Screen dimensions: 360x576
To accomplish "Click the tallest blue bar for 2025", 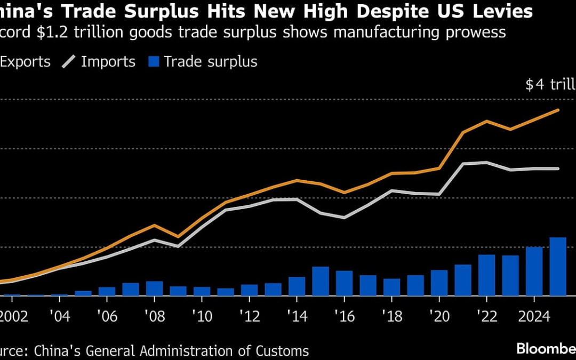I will [x=558, y=266].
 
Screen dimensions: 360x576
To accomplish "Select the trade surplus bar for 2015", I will [x=320, y=281].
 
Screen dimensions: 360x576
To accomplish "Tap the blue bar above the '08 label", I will [x=154, y=288].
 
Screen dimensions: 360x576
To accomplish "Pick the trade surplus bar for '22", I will [x=486, y=275].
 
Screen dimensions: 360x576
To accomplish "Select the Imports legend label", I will [x=108, y=61].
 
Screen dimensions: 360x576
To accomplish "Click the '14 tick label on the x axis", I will [x=297, y=316].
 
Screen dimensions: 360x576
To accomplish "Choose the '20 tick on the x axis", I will [x=439, y=316].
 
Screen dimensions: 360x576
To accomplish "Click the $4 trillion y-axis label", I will [x=549, y=84].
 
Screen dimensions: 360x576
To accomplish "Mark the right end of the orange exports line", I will [x=558, y=110].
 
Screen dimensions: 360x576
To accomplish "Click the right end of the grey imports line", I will [x=558, y=169].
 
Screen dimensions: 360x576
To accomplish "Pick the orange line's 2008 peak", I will [x=154, y=225].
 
